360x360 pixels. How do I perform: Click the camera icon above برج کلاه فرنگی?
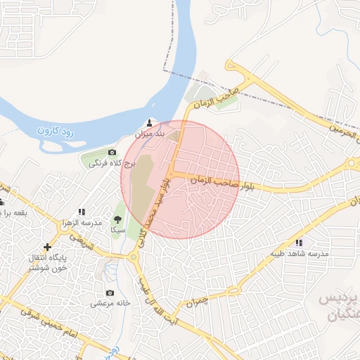pos(112,153)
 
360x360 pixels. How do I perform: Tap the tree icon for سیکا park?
pos(117,219)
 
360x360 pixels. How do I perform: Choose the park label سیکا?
pos(117,230)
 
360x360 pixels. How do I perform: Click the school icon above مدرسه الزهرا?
pos(82,211)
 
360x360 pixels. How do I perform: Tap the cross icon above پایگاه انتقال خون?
pos(47,247)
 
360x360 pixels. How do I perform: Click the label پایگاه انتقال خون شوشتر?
pos(48,263)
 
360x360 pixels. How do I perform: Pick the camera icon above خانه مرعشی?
pos(110,292)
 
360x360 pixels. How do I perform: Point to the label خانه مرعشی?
pos(110,304)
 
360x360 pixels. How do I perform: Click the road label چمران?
pos(198,302)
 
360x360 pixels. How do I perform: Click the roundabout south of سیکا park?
pos(134,257)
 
